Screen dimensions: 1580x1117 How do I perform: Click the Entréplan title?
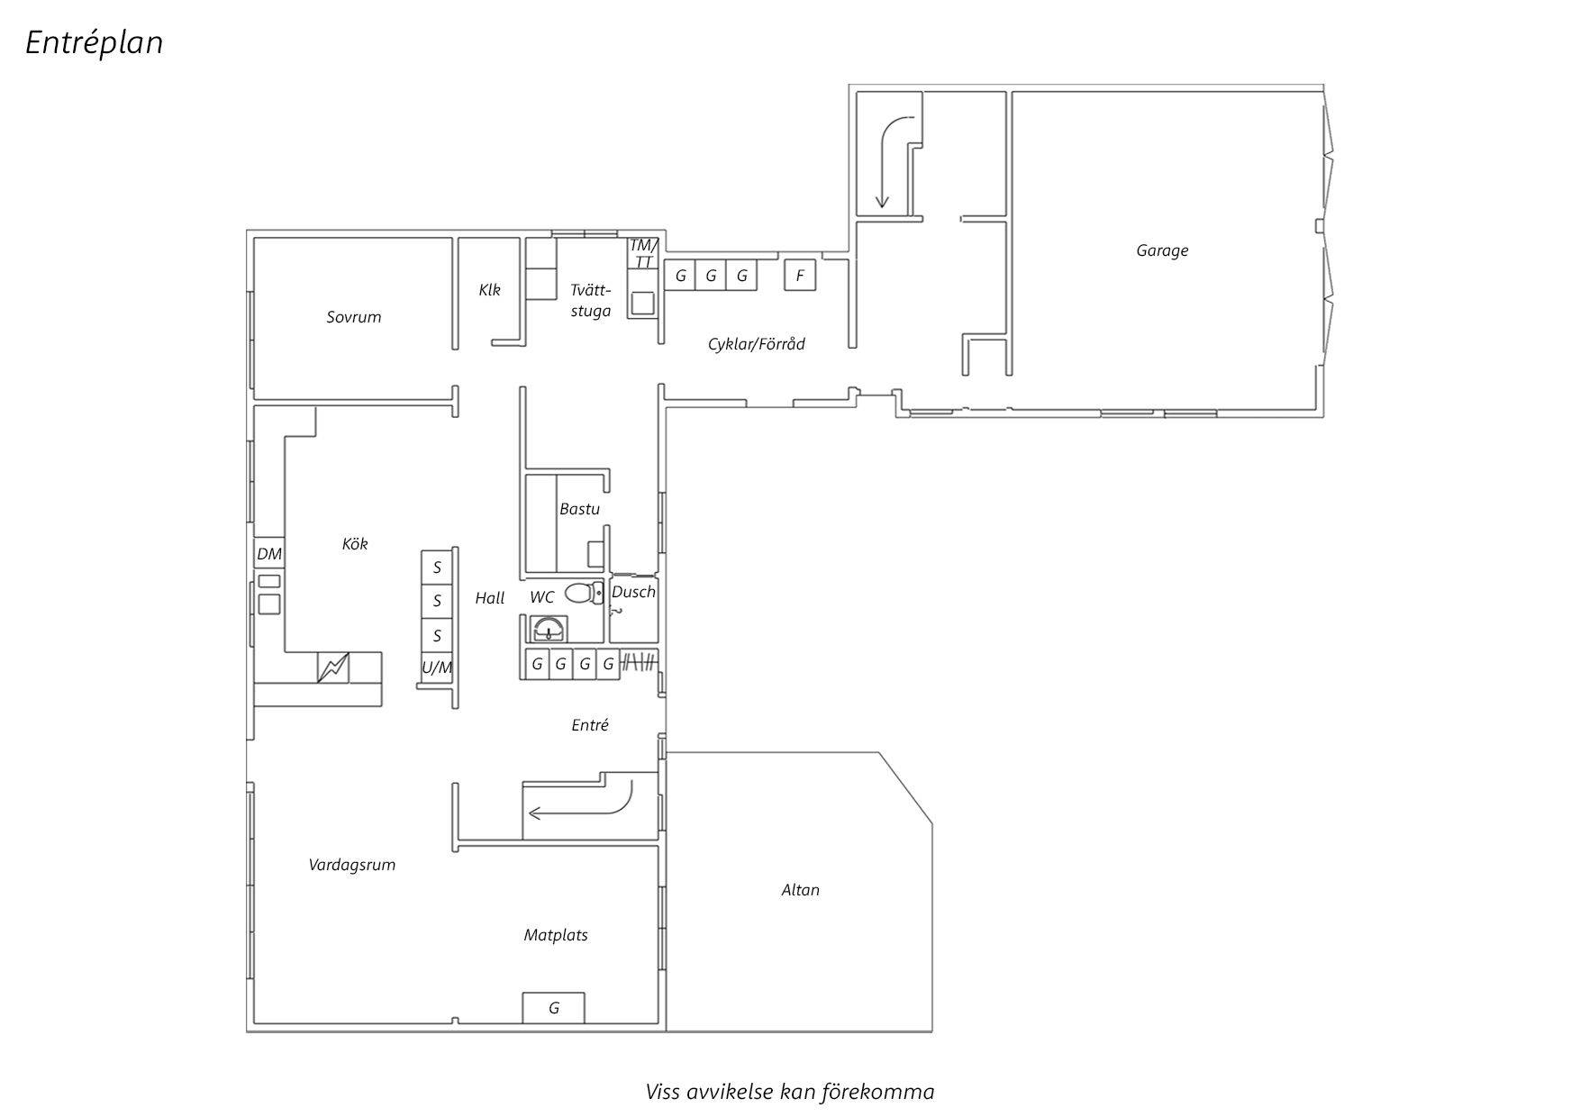[94, 42]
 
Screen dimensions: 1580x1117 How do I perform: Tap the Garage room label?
[1162, 250]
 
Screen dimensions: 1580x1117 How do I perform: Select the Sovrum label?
[354, 317]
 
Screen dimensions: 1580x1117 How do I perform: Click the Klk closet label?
[489, 290]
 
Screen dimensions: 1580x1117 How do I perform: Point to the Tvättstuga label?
[591, 300]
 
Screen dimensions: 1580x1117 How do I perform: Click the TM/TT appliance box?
[643, 253]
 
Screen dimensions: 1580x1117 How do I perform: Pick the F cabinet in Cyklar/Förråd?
[800, 276]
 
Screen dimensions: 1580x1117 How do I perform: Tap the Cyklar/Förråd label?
[757, 344]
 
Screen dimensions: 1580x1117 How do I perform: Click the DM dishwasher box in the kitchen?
[269, 554]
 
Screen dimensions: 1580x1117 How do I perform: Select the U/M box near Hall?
[437, 667]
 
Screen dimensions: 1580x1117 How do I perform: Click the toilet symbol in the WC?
[585, 593]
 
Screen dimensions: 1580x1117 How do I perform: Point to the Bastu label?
[579, 509]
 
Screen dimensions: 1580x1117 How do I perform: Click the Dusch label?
[633, 592]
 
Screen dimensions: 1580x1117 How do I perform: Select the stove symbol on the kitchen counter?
[333, 667]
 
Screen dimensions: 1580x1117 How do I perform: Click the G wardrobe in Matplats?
[554, 1008]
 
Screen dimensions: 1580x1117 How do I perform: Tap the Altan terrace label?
[801, 890]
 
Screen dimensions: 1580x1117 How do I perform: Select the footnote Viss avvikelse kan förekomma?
[790, 1092]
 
